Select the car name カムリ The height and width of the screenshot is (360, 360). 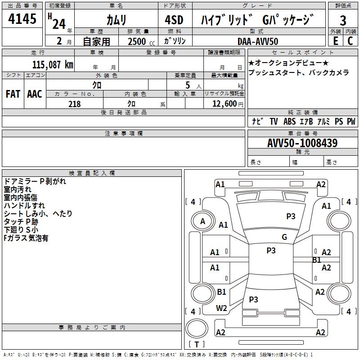click(x=116, y=20)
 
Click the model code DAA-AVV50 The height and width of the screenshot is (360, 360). click(x=258, y=41)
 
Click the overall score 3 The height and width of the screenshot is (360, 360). click(x=343, y=21)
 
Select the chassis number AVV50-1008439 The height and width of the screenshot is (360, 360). click(x=302, y=143)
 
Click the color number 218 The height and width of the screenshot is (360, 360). click(x=74, y=104)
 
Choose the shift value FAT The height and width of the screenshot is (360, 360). click(x=13, y=94)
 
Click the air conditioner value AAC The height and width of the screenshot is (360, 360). click(x=35, y=94)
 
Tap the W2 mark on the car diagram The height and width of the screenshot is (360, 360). click(x=221, y=308)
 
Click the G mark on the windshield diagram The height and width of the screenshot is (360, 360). click(x=284, y=237)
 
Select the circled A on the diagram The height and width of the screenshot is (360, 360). click(x=203, y=221)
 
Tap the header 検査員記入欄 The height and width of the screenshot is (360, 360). click(x=92, y=173)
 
